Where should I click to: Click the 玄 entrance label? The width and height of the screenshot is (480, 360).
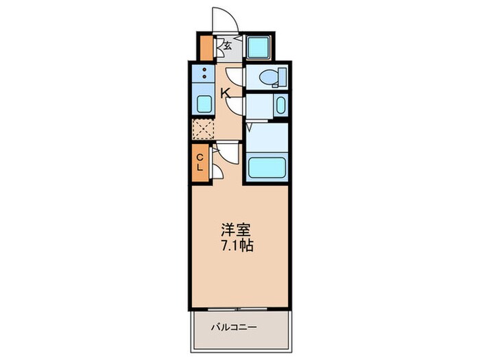[x=227, y=47]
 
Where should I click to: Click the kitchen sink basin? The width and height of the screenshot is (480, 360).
[x=204, y=104]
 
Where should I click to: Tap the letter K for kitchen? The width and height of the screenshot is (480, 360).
[x=225, y=92]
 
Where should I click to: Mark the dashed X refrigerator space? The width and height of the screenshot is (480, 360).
[x=204, y=129]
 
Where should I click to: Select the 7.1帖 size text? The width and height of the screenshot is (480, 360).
[x=237, y=245]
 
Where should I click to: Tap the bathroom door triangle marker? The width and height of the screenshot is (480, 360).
[x=250, y=126]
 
